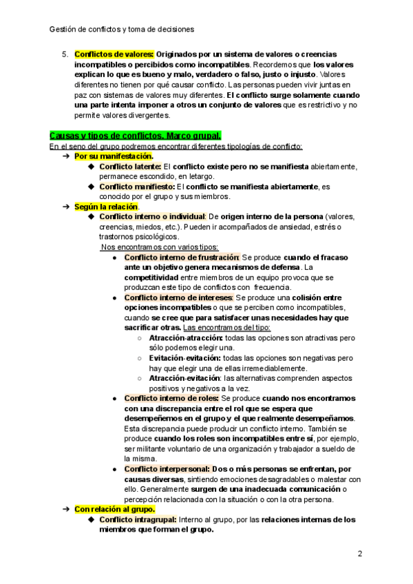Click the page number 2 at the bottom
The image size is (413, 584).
(360, 553)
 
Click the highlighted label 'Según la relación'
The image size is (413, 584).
(106, 207)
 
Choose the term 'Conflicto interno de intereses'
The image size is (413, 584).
(178, 298)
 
